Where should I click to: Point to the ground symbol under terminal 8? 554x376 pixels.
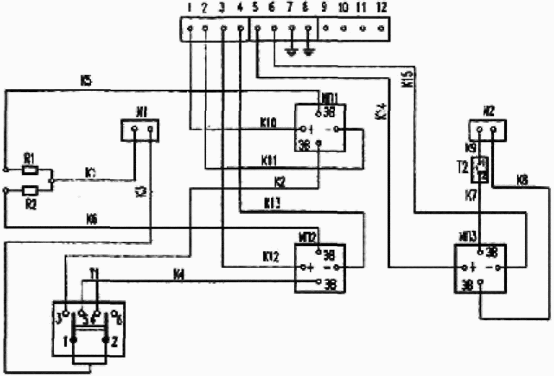308,52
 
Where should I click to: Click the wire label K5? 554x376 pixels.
86,80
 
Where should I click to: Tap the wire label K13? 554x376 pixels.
272,203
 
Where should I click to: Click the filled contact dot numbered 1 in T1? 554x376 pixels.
74,340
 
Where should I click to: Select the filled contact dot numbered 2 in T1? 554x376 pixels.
106,340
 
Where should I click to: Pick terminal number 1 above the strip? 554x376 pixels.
190,7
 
